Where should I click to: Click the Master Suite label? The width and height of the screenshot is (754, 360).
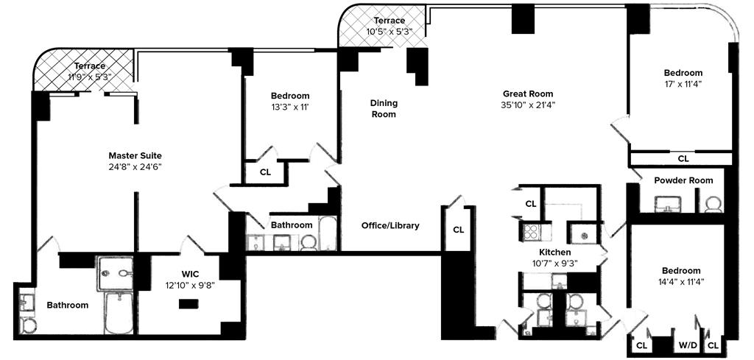click(x=135, y=155)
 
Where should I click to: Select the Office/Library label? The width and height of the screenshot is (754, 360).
click(x=390, y=225)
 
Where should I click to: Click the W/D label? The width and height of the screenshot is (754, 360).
click(x=688, y=345)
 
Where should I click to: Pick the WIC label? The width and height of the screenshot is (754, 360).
click(x=191, y=274)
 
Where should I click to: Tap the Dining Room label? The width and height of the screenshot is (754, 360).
click(x=383, y=109)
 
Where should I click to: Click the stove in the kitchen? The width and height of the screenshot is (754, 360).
click(x=531, y=233)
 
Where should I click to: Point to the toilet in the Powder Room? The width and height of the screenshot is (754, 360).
click(x=712, y=204)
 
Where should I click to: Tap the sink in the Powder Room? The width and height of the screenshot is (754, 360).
click(x=669, y=202)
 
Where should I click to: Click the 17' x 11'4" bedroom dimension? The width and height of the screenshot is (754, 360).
click(x=683, y=84)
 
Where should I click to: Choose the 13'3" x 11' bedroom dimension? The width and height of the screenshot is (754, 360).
click(x=289, y=107)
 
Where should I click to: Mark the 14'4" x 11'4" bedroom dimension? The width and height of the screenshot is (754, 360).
click(x=681, y=281)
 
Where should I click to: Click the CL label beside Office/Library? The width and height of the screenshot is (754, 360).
click(x=459, y=229)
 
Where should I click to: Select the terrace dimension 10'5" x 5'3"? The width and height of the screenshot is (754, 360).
click(x=389, y=32)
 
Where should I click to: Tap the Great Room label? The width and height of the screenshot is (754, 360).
click(x=527, y=93)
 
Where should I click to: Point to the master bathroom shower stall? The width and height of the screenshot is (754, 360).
click(x=117, y=272)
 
